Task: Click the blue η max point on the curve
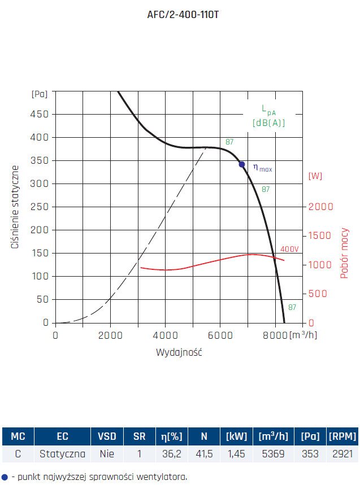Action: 242,164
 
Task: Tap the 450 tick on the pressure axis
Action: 39,114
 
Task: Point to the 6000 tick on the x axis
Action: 220,335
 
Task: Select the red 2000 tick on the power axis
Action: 320,207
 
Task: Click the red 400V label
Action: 289,249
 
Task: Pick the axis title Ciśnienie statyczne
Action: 15,207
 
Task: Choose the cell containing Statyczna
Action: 62,453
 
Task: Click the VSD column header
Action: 107,436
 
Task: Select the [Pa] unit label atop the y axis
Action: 40,94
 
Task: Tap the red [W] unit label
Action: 315,176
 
